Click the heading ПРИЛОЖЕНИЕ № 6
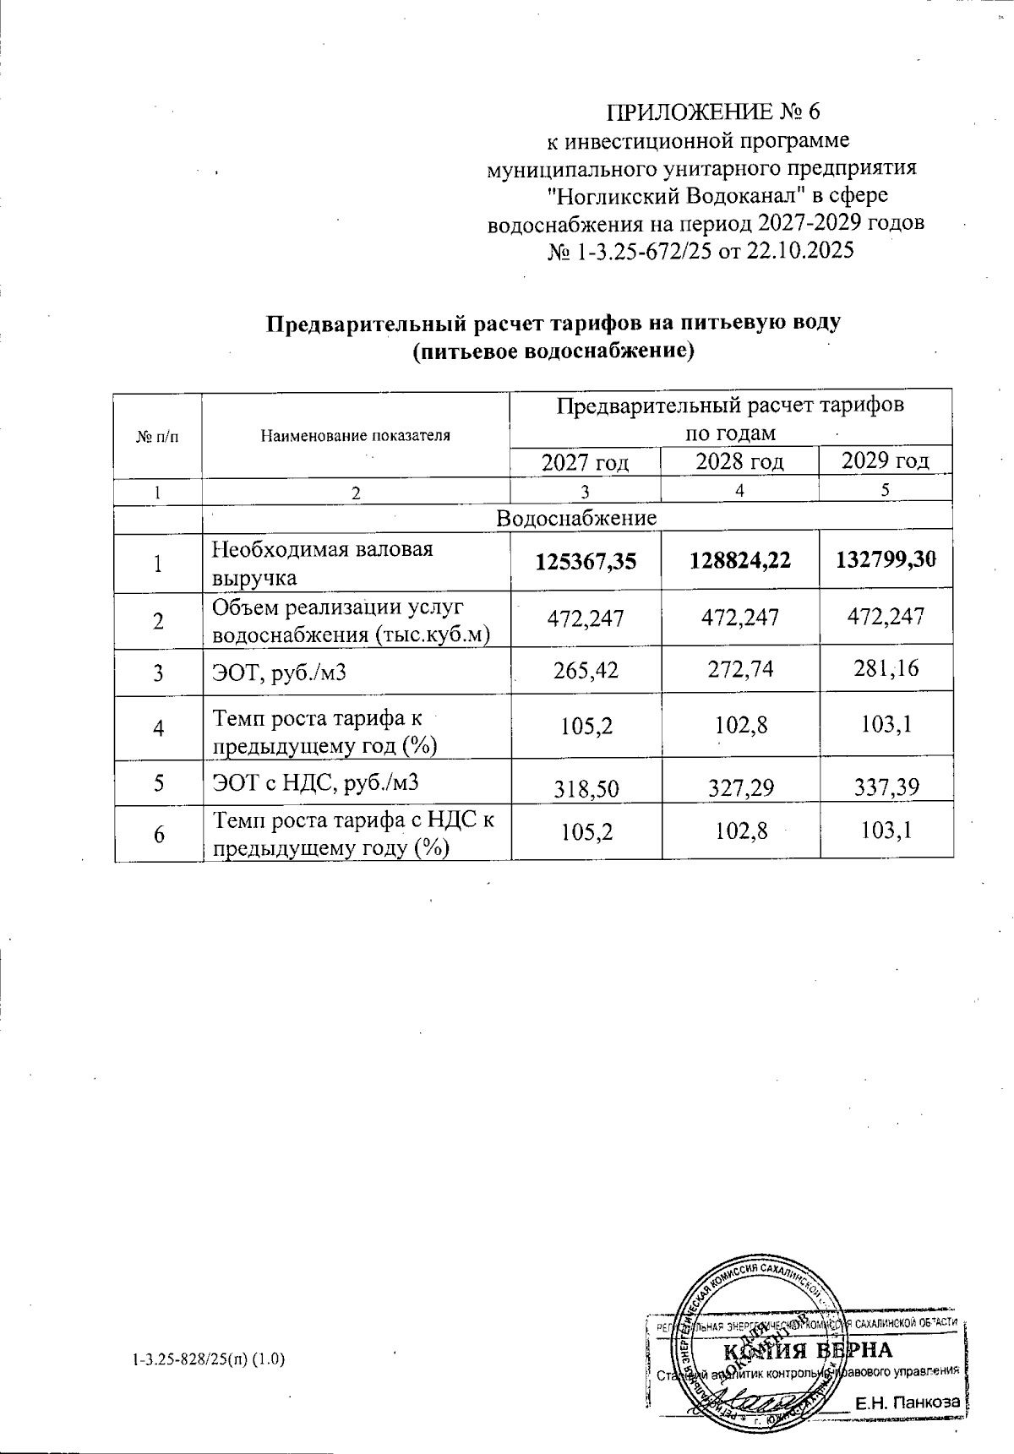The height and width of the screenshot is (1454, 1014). (x=713, y=112)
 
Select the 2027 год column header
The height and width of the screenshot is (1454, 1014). (x=585, y=462)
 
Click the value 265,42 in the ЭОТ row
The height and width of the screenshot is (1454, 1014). (x=585, y=672)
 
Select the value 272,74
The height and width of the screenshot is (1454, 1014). (x=739, y=671)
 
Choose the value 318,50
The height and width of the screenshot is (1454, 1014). (x=585, y=789)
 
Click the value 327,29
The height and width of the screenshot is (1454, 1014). (x=739, y=788)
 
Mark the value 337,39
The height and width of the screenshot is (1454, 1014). (x=886, y=787)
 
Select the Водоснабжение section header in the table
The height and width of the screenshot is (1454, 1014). (x=576, y=518)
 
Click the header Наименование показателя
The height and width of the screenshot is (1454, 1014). (x=355, y=436)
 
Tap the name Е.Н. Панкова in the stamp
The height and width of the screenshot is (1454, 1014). (x=908, y=1402)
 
